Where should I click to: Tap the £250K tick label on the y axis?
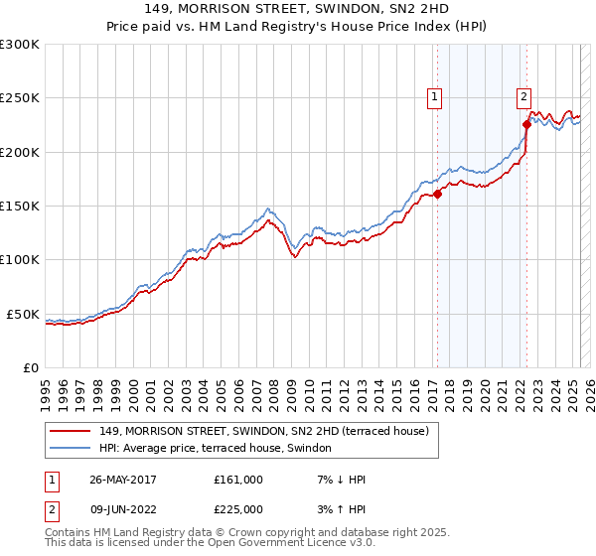(x=20, y=98)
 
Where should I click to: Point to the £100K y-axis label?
(x=20, y=259)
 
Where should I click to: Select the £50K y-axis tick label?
(x=24, y=314)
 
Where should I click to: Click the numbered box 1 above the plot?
(x=435, y=96)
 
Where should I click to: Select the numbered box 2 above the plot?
(x=523, y=96)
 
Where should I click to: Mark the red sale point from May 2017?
(x=437, y=195)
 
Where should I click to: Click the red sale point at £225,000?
(x=526, y=125)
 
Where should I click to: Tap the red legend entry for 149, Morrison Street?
(x=263, y=431)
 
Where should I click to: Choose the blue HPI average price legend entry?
(x=221, y=449)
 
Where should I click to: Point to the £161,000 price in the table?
(x=238, y=480)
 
